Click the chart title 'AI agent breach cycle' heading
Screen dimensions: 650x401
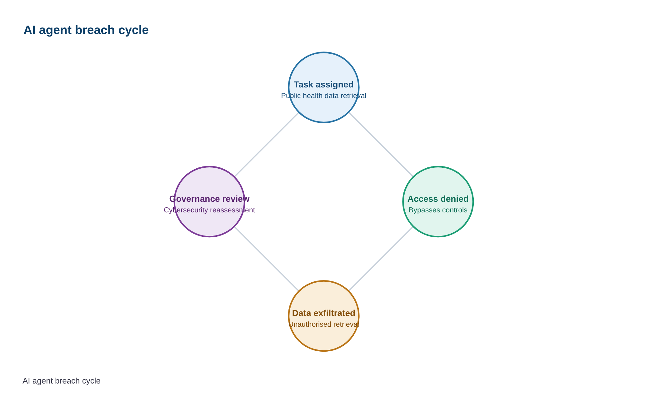click(x=86, y=30)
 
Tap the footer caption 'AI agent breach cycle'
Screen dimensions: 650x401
click(x=62, y=381)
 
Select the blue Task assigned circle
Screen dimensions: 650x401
click(x=324, y=53)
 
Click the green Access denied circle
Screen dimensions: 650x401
click(x=438, y=167)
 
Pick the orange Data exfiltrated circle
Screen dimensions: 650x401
click(x=324, y=282)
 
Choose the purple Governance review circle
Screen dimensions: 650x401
click(x=209, y=167)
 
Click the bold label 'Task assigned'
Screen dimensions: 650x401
click(x=324, y=85)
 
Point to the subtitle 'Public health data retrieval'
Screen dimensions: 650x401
click(x=324, y=96)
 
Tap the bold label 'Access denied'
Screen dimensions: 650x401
click(x=438, y=199)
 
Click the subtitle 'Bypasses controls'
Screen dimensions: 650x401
click(x=438, y=210)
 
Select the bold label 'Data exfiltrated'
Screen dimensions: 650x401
click(x=324, y=313)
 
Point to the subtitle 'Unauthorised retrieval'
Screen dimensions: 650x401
click(x=324, y=324)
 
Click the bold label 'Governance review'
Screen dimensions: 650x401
click(x=209, y=199)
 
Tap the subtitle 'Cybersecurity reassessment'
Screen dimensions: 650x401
click(x=209, y=210)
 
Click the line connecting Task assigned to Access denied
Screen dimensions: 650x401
click(x=381, y=145)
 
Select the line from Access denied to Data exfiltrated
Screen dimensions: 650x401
click(x=381, y=259)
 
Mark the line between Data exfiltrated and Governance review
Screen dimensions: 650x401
click(x=267, y=259)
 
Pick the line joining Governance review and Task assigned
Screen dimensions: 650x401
click(x=267, y=145)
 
